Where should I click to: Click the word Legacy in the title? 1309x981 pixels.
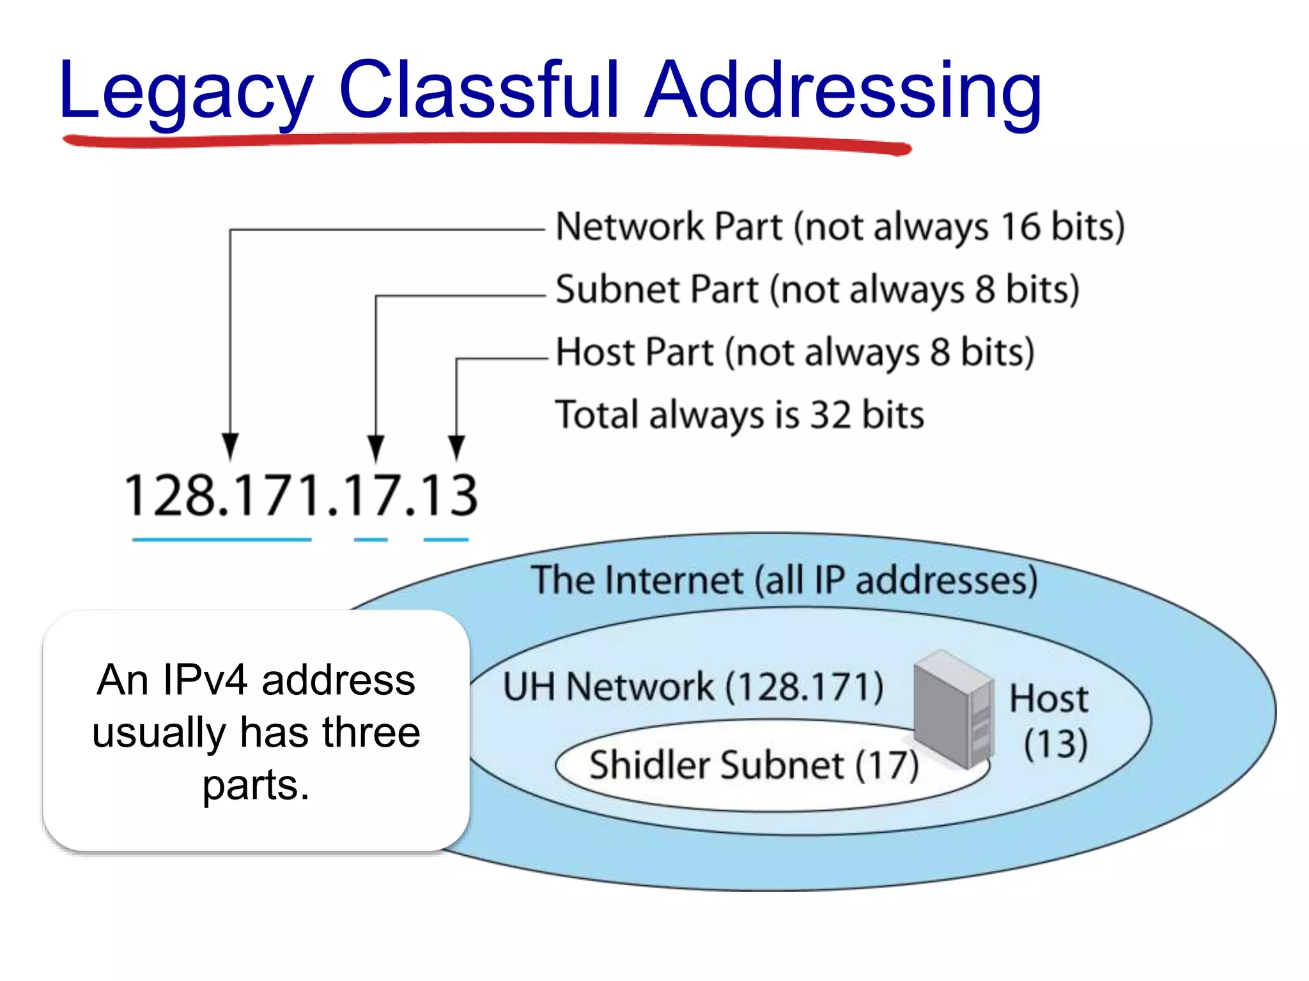(185, 91)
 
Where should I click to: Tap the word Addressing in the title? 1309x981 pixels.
(844, 91)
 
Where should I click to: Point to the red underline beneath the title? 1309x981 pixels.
(486, 142)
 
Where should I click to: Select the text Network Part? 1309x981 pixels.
(669, 227)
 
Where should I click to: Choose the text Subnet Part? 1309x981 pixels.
(657, 289)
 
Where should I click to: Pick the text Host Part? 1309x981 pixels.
(634, 352)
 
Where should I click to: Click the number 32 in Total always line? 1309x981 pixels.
(830, 414)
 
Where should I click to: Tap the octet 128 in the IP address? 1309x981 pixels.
(169, 496)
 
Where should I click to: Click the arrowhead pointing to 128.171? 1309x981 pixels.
(230, 446)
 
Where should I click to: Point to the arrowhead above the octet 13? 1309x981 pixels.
(456, 446)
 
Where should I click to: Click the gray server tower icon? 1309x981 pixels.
(952, 709)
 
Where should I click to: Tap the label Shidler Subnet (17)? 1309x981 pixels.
(754, 765)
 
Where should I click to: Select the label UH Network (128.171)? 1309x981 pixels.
(693, 687)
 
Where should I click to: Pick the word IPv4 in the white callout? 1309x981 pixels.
(205, 680)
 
